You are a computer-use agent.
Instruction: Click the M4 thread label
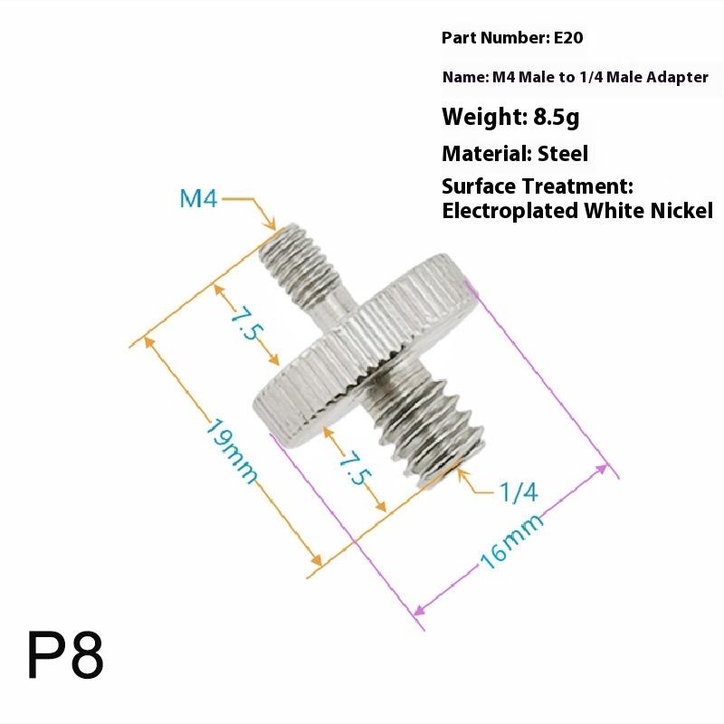tap(199, 198)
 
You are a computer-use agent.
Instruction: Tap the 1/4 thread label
tap(519, 491)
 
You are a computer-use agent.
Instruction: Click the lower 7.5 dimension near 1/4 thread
tap(356, 463)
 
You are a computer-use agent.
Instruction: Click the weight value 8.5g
tap(561, 117)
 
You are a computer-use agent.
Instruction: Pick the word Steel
tap(563, 154)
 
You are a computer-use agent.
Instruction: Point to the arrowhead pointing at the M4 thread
tap(271, 224)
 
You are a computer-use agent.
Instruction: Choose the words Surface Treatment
tap(537, 186)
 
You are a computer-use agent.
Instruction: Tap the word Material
tap(484, 154)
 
